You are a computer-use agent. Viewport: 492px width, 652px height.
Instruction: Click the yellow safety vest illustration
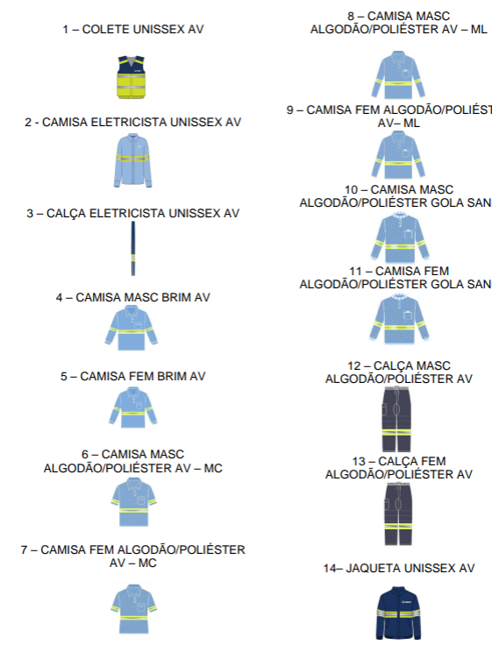(132, 77)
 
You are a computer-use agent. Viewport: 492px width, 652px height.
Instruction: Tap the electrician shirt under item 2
(132, 161)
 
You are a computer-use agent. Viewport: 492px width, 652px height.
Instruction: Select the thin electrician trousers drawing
(133, 248)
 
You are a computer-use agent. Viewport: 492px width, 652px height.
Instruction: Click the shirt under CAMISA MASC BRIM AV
(132, 328)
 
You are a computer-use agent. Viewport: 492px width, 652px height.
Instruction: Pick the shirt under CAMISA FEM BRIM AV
(133, 407)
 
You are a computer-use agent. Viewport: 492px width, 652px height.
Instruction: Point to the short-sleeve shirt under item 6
(133, 502)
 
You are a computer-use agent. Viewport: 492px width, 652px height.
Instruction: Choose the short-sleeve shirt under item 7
(133, 609)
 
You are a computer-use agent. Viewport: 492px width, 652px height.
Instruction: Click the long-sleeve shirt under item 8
(398, 74)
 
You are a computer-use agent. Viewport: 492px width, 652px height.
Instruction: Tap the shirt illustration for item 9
(398, 155)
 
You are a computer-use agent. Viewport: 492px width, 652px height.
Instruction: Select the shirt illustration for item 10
(399, 237)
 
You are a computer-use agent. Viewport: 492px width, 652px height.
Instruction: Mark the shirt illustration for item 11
(399, 319)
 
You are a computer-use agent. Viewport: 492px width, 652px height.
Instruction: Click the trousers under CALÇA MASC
(396, 419)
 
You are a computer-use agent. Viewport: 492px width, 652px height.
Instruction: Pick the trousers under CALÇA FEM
(398, 514)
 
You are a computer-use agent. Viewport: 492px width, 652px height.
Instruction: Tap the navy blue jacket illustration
(399, 613)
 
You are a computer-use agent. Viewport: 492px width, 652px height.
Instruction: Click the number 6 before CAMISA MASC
(85, 454)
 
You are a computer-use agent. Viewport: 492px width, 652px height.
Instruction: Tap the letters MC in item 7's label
(147, 563)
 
